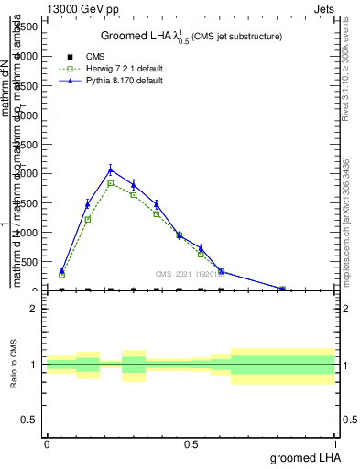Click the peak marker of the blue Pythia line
pos(110,169)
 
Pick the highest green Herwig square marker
pos(110,183)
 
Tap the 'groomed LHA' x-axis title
pos(304,458)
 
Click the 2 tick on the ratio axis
pos(33,309)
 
